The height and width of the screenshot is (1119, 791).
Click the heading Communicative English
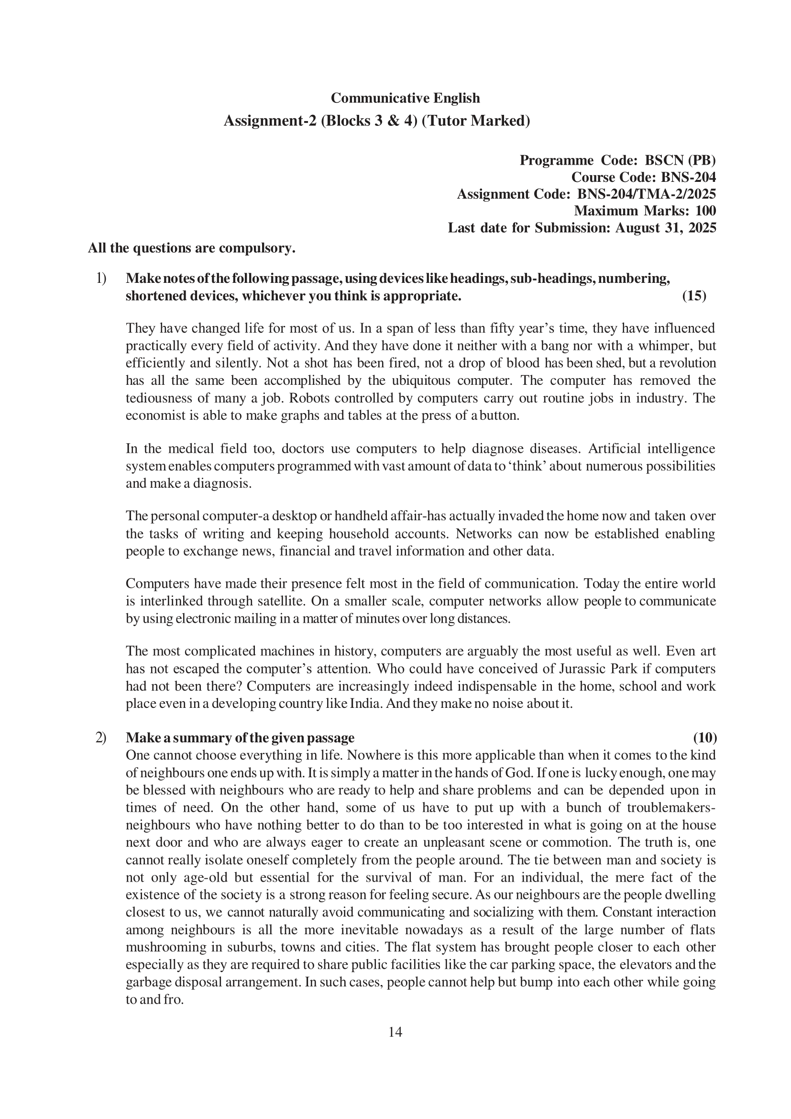(405, 98)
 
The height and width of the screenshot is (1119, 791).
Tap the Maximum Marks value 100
(705, 211)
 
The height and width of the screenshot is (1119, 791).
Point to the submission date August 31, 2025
(665, 228)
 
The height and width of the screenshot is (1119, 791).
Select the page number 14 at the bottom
(395, 1032)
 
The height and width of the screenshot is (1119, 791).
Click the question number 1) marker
(101, 279)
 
